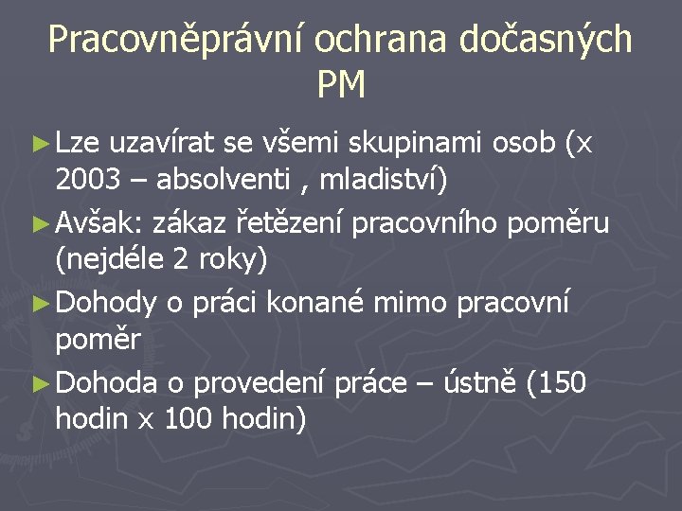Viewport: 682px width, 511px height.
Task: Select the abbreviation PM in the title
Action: (x=341, y=87)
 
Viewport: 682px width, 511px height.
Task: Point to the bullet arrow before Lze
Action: (x=40, y=145)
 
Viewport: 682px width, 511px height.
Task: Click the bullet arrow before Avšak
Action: (x=40, y=224)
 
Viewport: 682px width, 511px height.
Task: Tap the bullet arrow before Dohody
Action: (x=40, y=304)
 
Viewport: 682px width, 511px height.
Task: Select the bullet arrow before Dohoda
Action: (x=40, y=383)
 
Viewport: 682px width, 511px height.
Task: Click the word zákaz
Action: (x=193, y=224)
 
